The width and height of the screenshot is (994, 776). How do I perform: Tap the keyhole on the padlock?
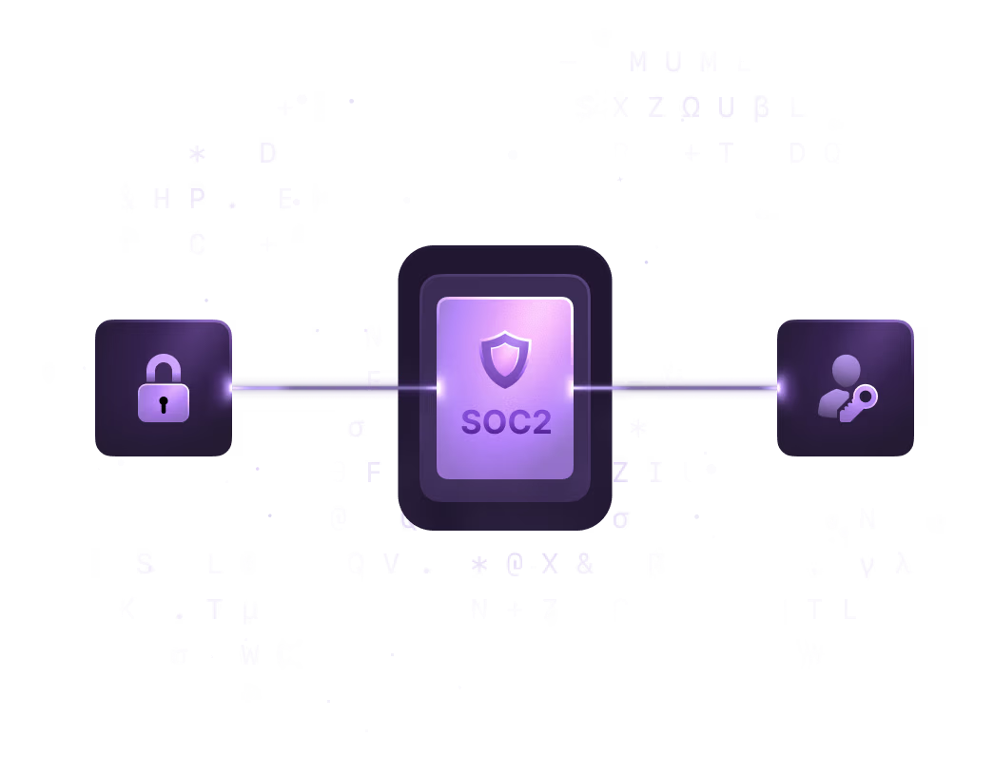pos(164,404)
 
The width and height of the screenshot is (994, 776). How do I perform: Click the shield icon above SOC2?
pos(505,359)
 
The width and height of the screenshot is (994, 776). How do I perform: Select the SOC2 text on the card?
pos(506,422)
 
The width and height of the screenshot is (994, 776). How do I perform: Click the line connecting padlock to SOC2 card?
pos(314,387)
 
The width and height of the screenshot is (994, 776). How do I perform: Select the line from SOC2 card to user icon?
pos(694,387)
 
